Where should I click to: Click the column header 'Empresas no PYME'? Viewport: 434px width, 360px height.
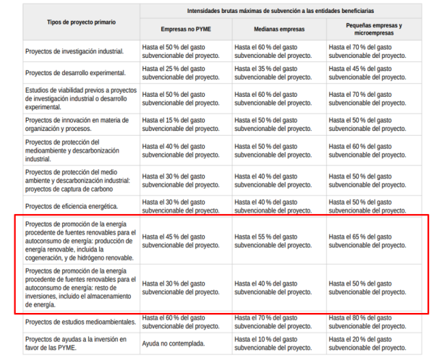point(185,30)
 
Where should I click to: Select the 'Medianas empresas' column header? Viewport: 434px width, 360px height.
point(278,30)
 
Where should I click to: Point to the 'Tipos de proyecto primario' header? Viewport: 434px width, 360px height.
point(81,22)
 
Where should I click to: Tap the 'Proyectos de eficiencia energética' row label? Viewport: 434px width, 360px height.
point(77,207)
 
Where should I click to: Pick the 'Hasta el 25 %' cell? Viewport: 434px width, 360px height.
point(181,72)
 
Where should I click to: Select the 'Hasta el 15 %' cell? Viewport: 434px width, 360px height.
point(181,120)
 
